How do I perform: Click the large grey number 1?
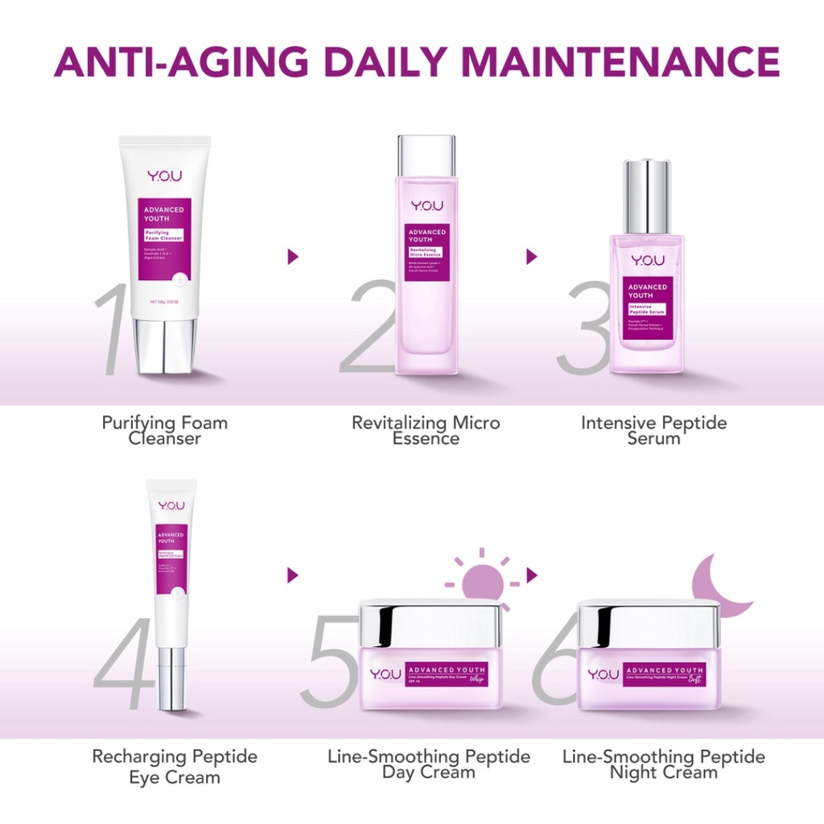113,328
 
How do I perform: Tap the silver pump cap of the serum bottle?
647,196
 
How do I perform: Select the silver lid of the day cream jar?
431,624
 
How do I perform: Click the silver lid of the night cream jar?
649,624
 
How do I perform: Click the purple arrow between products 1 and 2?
293,257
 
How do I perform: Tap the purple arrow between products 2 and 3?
531,257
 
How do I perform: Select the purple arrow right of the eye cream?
293,575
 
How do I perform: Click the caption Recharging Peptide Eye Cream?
175,766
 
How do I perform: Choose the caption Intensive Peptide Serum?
653,431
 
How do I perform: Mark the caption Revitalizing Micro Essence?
426,431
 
